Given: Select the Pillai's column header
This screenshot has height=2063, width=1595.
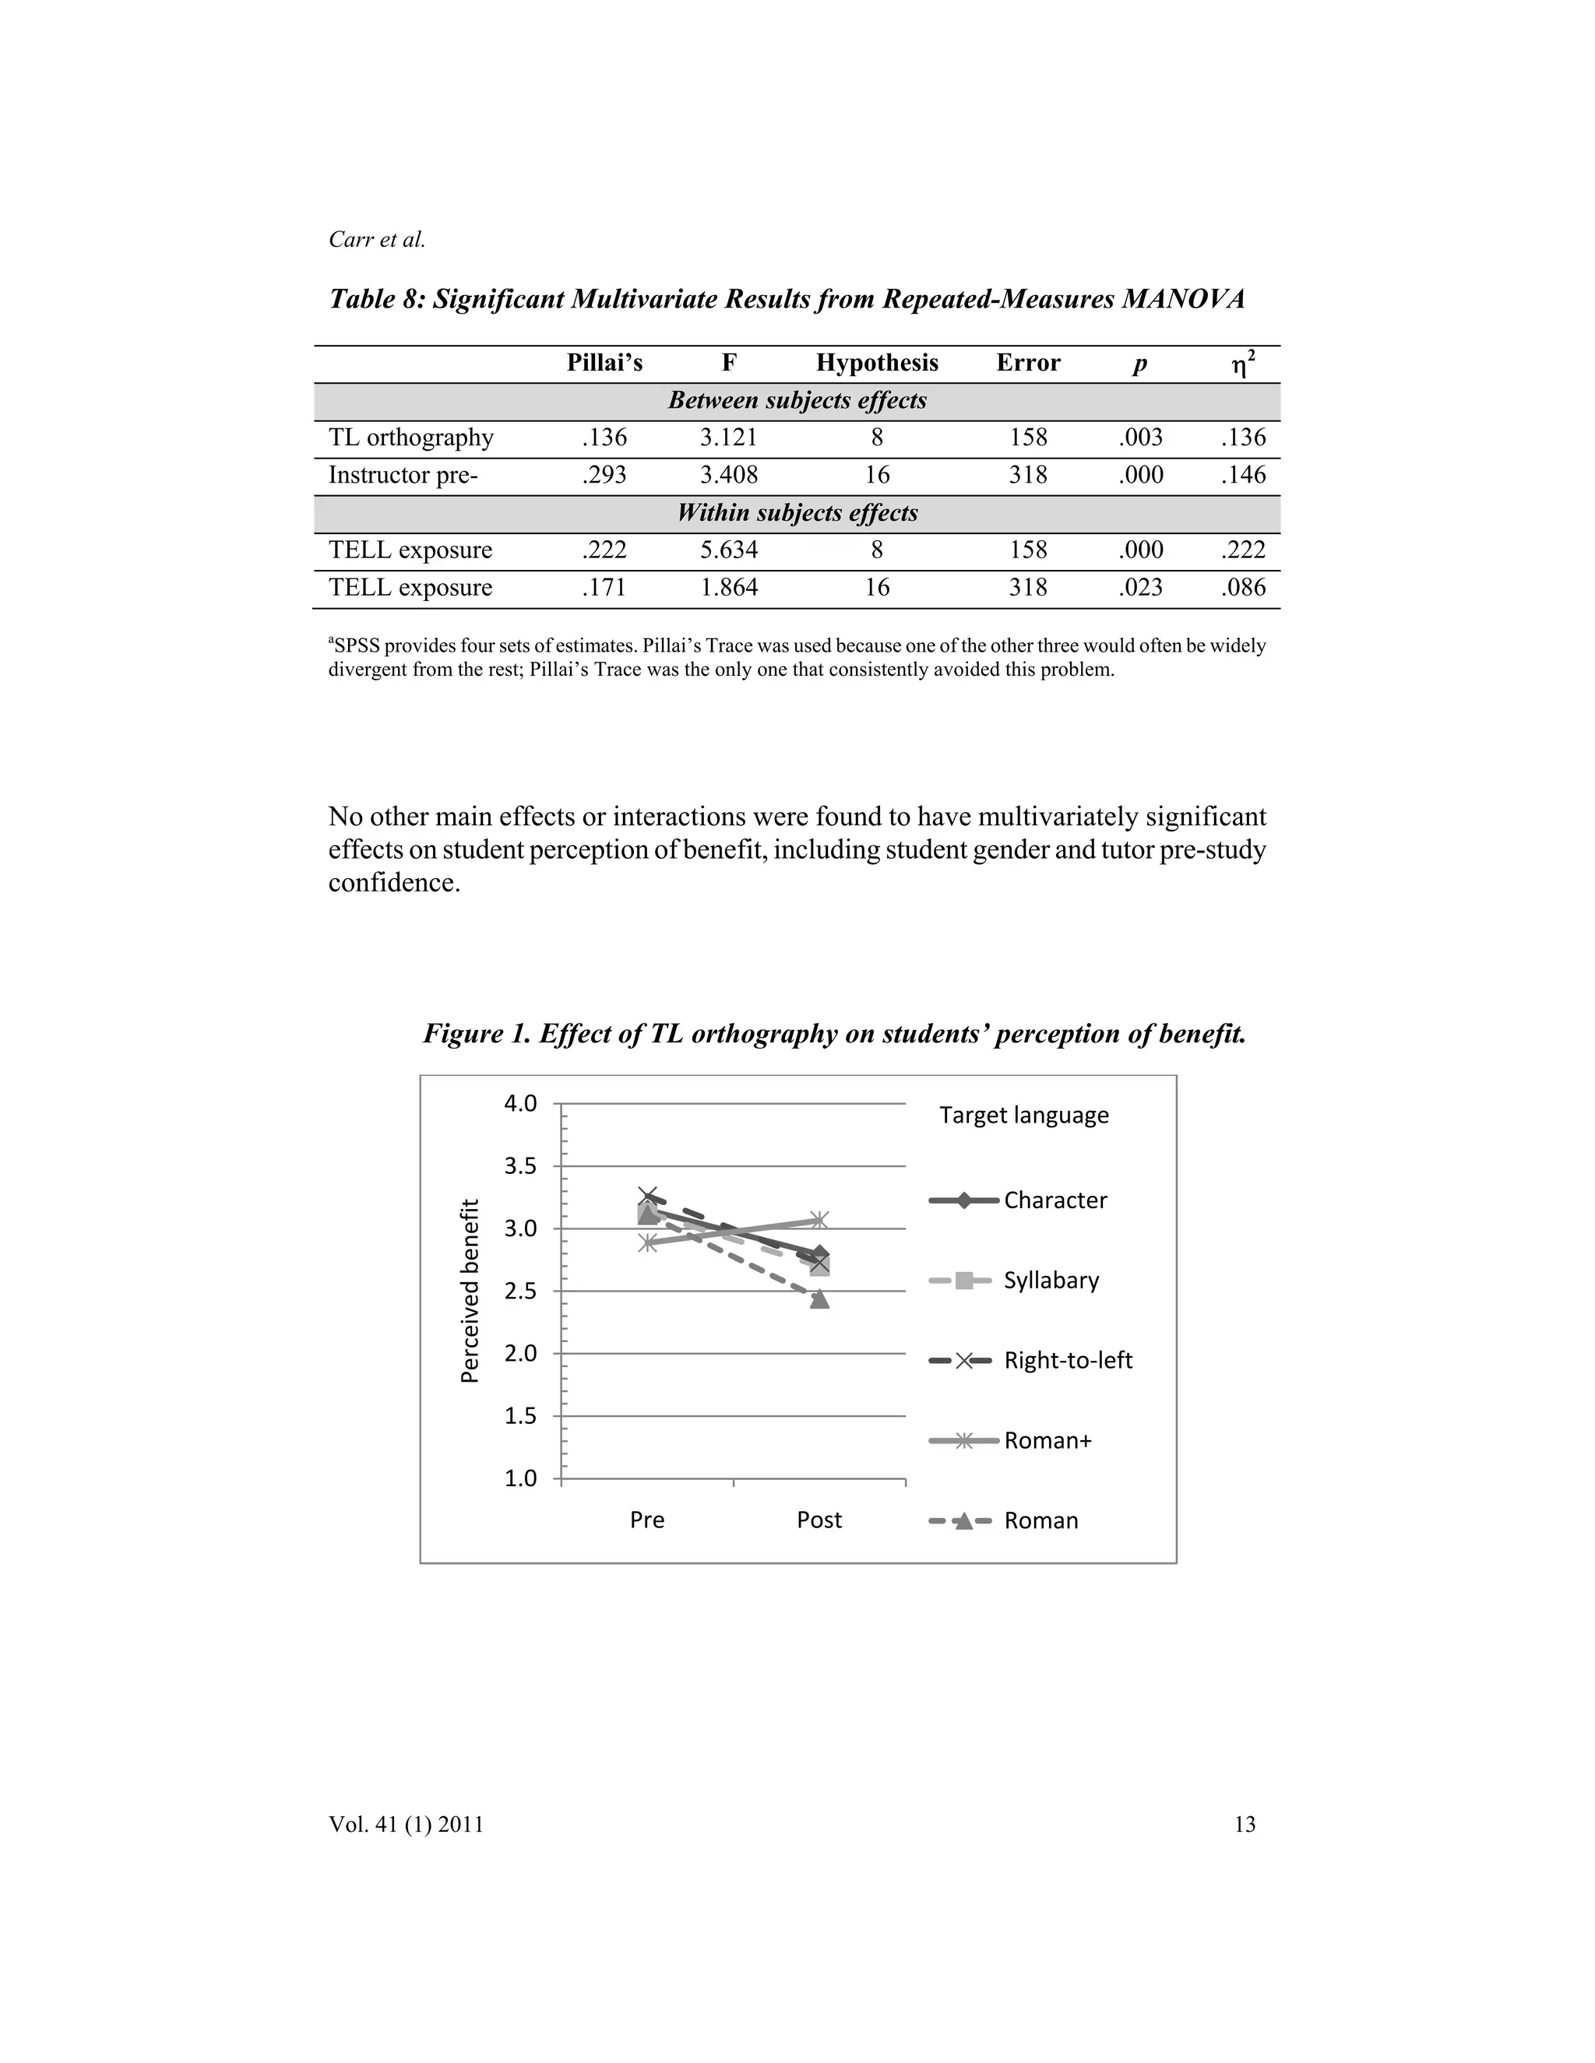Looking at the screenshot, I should pos(604,363).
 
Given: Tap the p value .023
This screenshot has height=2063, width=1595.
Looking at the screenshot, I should pos(1140,588).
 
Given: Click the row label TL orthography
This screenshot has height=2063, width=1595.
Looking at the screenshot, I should pos(411,438).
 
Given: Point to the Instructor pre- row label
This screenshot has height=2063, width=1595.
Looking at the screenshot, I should pos(403,475).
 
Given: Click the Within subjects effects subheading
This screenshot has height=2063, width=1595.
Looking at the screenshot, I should pos(797,513).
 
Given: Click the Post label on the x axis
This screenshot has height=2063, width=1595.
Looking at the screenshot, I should pos(819,1520).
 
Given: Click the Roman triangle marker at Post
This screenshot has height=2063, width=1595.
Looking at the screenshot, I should pos(819,1300).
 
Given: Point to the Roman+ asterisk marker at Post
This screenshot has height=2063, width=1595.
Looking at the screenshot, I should pos(819,1221).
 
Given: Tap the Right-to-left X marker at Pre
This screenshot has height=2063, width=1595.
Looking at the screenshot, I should pos(647,1197).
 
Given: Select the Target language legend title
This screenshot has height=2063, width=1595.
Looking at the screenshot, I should pos(1023,1116).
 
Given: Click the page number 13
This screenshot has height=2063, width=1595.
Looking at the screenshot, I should pos(1245,1824).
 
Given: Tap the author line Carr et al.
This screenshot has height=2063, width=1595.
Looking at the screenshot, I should pos(377,240).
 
